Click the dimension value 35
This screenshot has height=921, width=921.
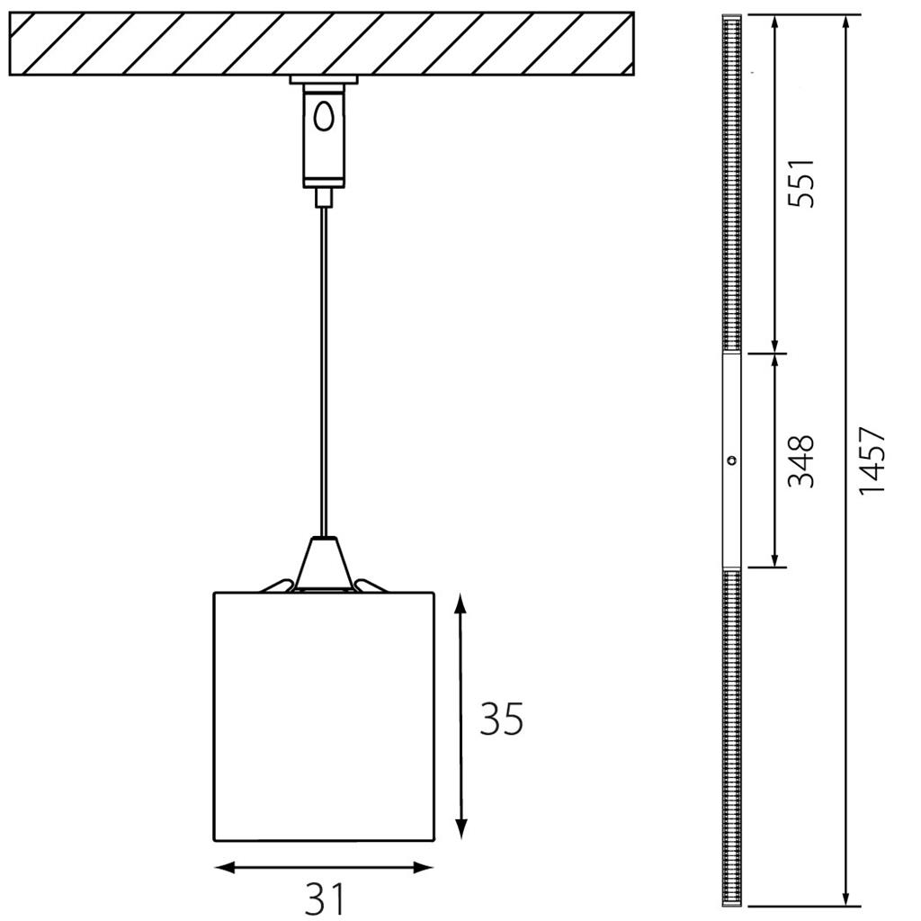(501, 719)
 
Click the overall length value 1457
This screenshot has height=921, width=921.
(872, 461)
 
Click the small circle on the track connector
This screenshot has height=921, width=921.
(731, 460)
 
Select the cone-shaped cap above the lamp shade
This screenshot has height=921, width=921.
(324, 563)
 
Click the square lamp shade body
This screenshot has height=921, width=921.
(324, 716)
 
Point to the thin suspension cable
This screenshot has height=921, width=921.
(324, 371)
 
